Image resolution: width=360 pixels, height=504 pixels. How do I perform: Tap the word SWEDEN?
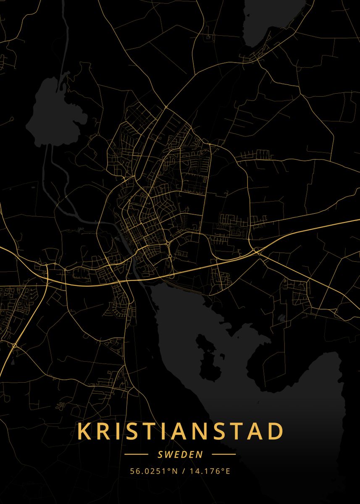point(180,454)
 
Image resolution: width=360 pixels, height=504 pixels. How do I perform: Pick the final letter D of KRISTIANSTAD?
point(276,431)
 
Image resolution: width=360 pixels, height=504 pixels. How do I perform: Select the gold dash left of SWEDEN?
point(137,454)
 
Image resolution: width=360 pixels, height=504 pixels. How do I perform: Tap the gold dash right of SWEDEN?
point(223,454)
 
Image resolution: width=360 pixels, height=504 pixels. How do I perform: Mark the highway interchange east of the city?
point(256,251)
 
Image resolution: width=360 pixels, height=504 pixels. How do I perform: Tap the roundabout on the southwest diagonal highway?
point(15,345)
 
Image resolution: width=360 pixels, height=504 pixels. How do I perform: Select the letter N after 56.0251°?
point(175,471)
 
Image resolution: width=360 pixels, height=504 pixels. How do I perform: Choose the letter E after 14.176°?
point(228,471)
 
